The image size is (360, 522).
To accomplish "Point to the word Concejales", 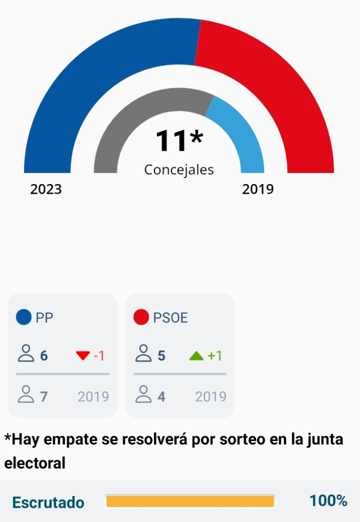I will [x=179, y=170].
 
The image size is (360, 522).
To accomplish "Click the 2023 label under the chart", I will [x=46, y=190].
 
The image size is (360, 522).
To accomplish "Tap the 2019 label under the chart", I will [x=258, y=190].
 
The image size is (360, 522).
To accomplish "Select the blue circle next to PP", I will [x=24, y=318].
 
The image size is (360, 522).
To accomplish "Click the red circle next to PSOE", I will [x=141, y=318].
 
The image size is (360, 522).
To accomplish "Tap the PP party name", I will [x=44, y=318].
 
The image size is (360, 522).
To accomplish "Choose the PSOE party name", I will [x=170, y=318].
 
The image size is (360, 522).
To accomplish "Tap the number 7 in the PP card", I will [x=44, y=397].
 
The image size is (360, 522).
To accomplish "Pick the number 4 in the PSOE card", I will [x=162, y=397].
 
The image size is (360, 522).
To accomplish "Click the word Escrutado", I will [x=48, y=502].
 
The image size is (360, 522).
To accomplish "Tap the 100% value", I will [x=328, y=501].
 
